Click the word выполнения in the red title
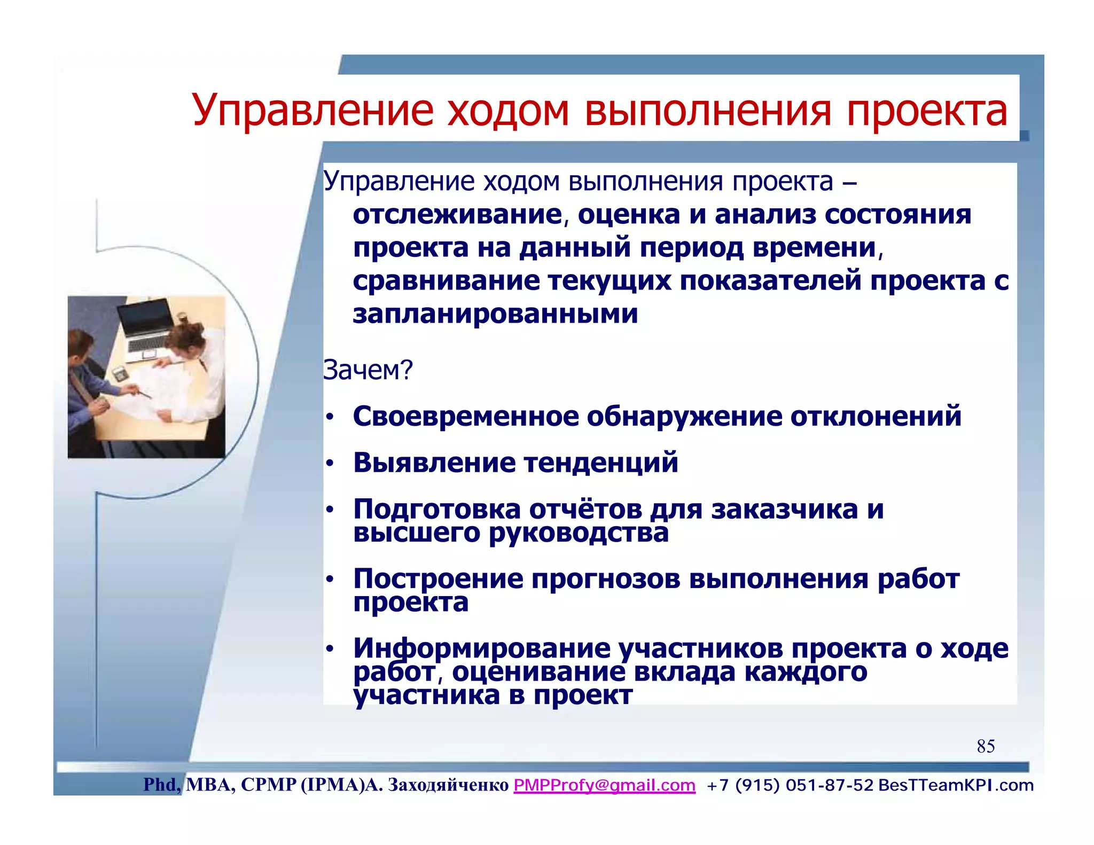click(708, 112)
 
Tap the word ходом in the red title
click(508, 112)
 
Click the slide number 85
click(986, 746)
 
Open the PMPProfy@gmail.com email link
click(604, 785)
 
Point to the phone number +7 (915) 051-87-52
click(790, 785)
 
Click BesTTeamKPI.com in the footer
click(956, 785)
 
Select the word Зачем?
click(368, 370)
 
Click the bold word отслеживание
click(457, 215)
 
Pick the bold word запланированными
click(495, 314)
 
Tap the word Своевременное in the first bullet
click(465, 416)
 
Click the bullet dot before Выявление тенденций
click(330, 463)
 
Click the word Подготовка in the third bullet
click(436, 509)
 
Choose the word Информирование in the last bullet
click(481, 648)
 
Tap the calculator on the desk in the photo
click(120, 373)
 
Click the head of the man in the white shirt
click(186, 341)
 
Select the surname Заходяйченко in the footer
click(448, 785)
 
